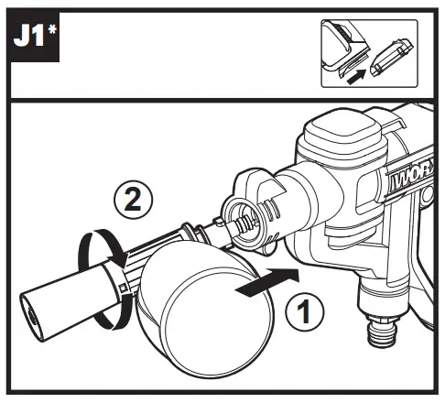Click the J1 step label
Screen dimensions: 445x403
[x=30, y=36]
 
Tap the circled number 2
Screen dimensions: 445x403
[x=133, y=201]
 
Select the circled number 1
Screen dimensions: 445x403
[x=305, y=312]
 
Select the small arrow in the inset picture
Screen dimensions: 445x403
[x=356, y=76]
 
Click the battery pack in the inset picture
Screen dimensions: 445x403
[x=391, y=57]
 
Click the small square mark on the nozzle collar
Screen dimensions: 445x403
[x=123, y=288]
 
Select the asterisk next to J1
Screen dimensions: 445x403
[x=52, y=30]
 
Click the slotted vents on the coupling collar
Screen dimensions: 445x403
[x=269, y=210]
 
